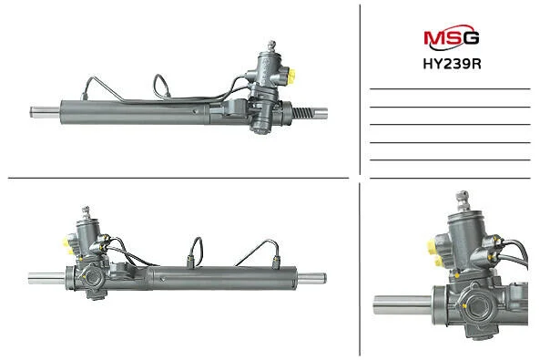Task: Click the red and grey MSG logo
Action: (451, 37)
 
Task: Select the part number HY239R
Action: (452, 64)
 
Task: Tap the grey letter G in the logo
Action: (471, 37)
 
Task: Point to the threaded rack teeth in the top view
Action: (303, 113)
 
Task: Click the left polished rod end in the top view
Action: (46, 112)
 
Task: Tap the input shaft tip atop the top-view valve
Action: (271, 46)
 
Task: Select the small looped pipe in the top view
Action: (161, 87)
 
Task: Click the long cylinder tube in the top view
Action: (135, 112)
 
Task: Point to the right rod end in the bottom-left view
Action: (311, 278)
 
